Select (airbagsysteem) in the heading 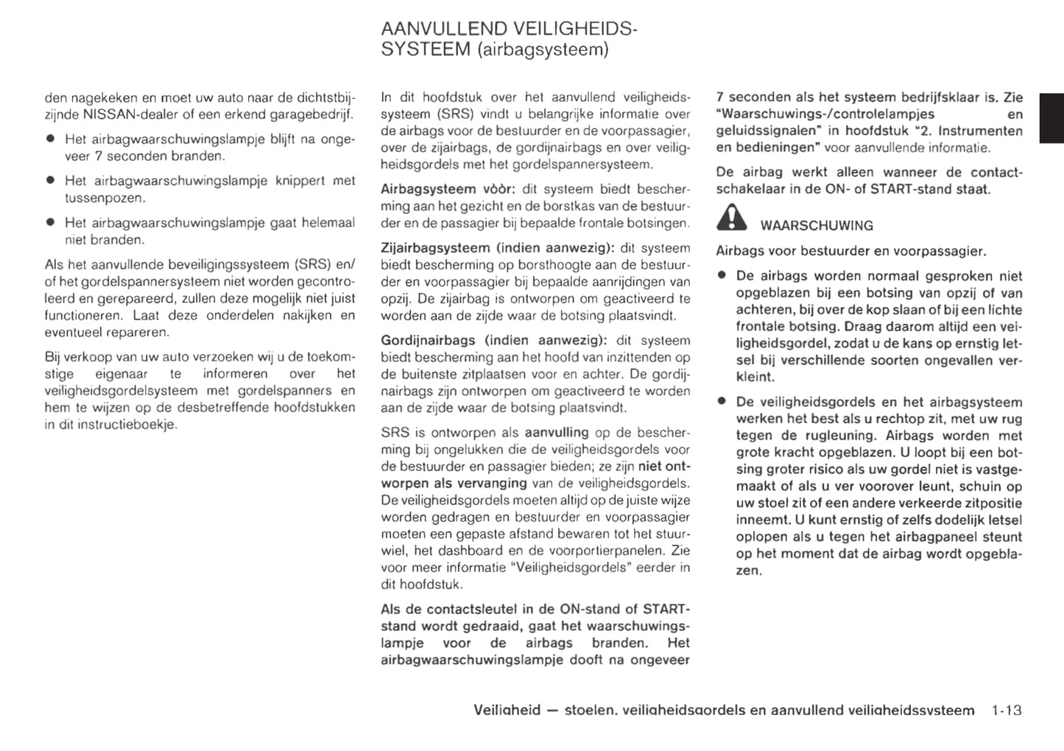pyautogui.click(x=543, y=50)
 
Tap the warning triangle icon pyautogui.click(x=731, y=218)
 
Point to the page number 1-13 pyautogui.click(x=1006, y=710)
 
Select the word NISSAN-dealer pyautogui.click(x=131, y=114)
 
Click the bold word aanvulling pyautogui.click(x=556, y=433)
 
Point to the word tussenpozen pyautogui.click(x=105, y=198)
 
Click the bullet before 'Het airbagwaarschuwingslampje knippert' pyautogui.click(x=50, y=180)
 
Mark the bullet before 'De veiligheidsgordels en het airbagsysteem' pyautogui.click(x=722, y=402)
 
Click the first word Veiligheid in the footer pyautogui.click(x=507, y=710)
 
